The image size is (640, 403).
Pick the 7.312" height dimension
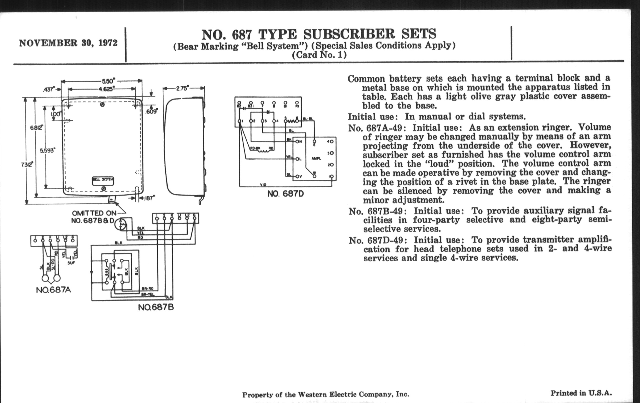click(x=27, y=165)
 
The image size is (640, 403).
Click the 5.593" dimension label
click(x=47, y=151)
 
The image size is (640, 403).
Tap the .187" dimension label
click(x=149, y=198)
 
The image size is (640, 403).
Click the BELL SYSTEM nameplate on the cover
click(x=103, y=180)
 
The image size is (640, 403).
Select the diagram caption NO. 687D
click(x=285, y=194)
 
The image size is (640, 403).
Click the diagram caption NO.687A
click(x=53, y=290)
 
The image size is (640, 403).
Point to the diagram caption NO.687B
click(x=156, y=307)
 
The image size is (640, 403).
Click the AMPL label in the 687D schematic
click(x=316, y=159)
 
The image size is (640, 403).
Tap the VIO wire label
click(x=263, y=185)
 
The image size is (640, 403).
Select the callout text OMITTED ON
click(x=94, y=213)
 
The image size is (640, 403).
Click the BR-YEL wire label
click(x=148, y=294)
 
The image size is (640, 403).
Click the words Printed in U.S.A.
click(x=581, y=393)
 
